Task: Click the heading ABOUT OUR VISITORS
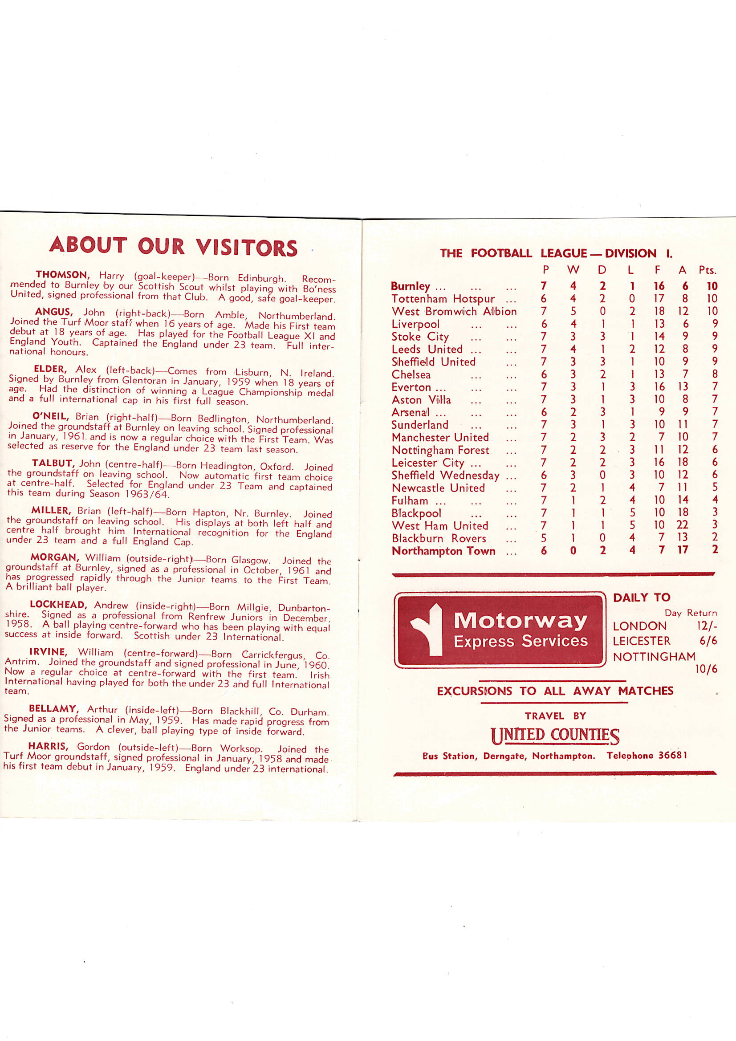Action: click(x=173, y=246)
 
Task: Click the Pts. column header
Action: click(x=708, y=270)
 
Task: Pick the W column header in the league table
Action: click(x=573, y=270)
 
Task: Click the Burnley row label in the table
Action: click(x=411, y=286)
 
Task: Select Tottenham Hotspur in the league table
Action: click(x=443, y=299)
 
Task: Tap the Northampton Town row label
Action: click(x=443, y=551)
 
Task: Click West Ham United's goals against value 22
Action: click(x=682, y=525)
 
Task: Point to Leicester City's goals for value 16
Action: click(x=659, y=462)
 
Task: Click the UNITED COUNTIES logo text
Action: click(x=555, y=735)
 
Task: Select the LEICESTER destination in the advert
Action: click(x=641, y=641)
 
